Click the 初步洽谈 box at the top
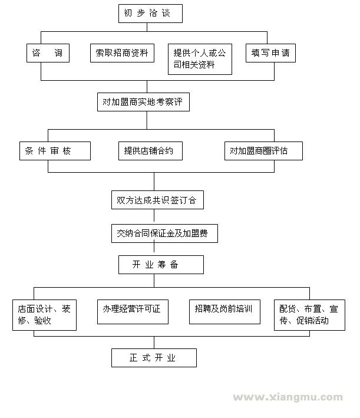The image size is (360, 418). (x=150, y=14)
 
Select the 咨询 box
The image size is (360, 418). (x=48, y=53)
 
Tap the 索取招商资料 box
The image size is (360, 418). (x=122, y=53)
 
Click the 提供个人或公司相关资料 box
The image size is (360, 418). (x=199, y=60)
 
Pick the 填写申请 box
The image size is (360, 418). (x=270, y=53)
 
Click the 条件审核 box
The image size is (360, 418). (x=55, y=150)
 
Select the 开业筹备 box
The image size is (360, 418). (x=161, y=264)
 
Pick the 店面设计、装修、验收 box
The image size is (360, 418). (x=44, y=315)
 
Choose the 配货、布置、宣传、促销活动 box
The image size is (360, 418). (x=309, y=315)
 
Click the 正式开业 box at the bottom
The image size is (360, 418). (x=154, y=358)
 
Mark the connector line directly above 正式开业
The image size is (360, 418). (x=154, y=343)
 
